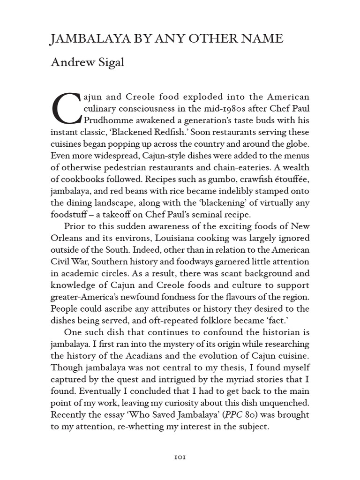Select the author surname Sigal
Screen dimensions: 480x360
(x=108, y=63)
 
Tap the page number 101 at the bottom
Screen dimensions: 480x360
(x=180, y=457)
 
